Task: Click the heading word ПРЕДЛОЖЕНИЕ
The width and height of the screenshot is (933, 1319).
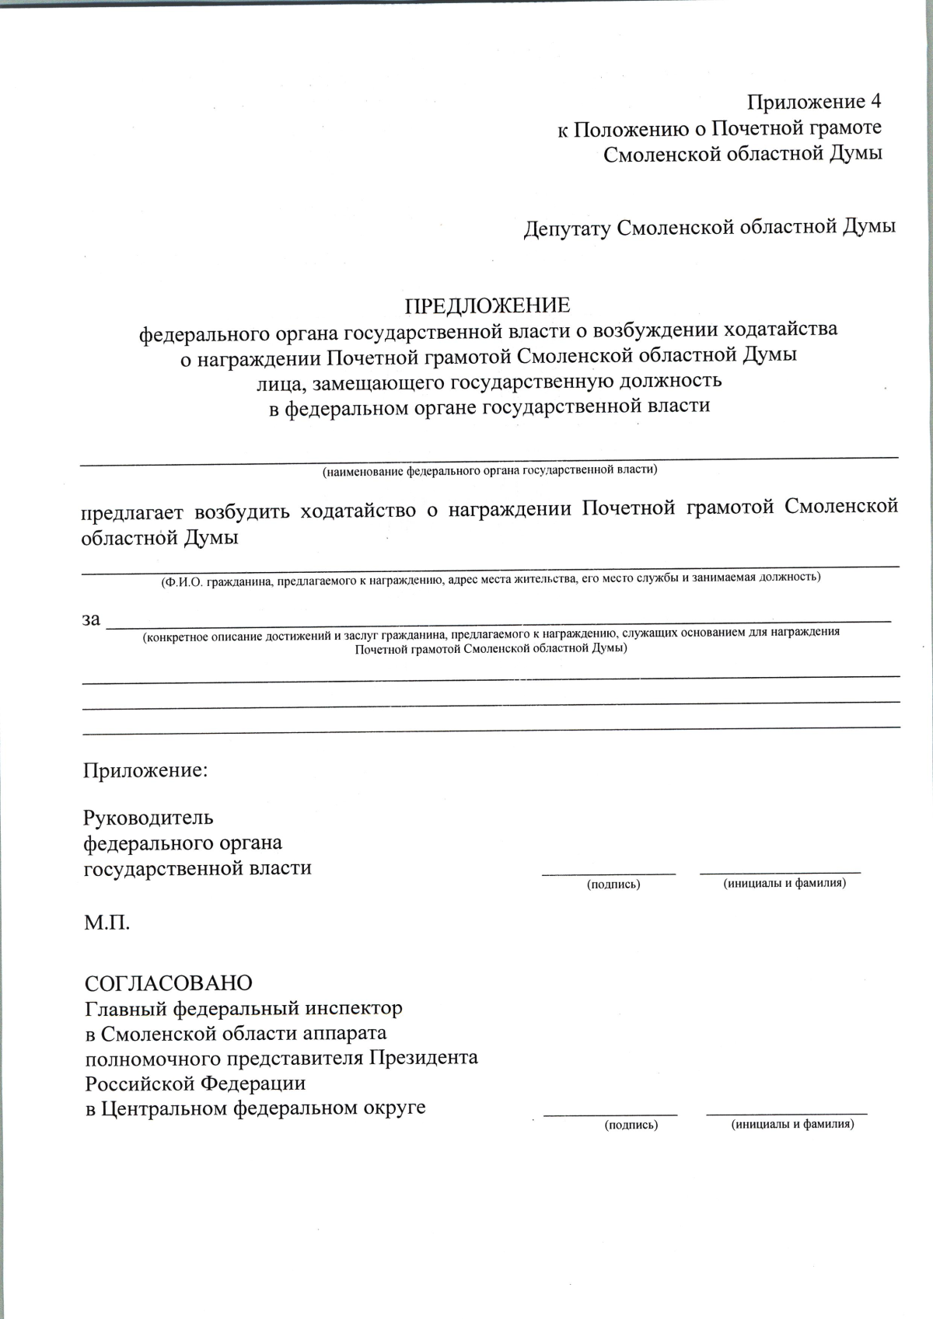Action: click(x=487, y=305)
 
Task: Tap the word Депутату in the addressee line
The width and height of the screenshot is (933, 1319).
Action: click(x=566, y=228)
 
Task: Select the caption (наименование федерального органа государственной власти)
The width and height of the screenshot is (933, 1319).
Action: click(x=490, y=470)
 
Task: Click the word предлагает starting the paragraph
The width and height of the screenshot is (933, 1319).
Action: click(x=131, y=511)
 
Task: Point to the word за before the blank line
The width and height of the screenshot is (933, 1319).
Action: click(x=91, y=619)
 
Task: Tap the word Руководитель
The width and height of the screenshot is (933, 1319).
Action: click(x=148, y=818)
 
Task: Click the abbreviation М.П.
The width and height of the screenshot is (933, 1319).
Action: click(x=107, y=923)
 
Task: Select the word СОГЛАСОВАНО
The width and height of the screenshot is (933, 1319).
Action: click(x=168, y=983)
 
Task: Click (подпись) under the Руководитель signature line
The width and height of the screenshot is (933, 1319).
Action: click(x=613, y=885)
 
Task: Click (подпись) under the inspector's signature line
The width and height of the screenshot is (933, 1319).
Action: click(x=631, y=1125)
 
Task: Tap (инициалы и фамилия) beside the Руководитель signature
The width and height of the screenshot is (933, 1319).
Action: click(x=784, y=884)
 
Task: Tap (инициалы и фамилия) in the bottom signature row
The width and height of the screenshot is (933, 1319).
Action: click(x=792, y=1125)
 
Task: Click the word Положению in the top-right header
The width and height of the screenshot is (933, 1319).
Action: click(x=628, y=129)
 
